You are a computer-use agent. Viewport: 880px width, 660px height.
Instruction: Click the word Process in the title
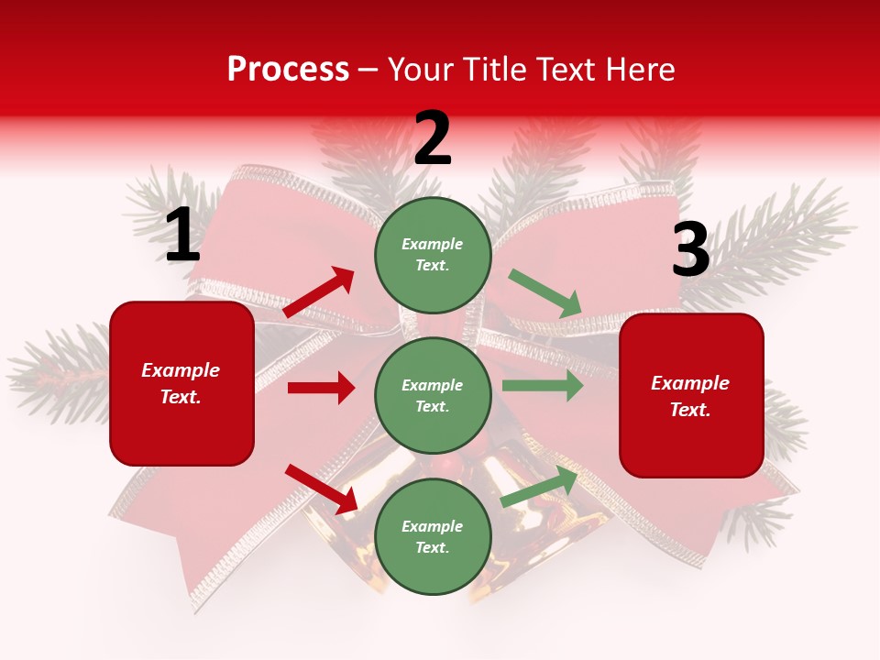[x=288, y=70]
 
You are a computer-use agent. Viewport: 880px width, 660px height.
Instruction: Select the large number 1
[x=182, y=236]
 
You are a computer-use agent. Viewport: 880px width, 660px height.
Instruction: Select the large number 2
[x=433, y=139]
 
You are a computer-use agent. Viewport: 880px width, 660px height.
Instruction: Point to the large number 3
[x=690, y=250]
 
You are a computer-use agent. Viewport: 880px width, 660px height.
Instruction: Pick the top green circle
[x=433, y=255]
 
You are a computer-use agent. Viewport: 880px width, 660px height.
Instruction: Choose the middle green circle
[x=433, y=395]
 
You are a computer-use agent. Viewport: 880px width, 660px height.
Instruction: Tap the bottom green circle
[x=433, y=536]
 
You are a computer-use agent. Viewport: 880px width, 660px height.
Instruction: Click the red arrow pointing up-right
[x=319, y=292]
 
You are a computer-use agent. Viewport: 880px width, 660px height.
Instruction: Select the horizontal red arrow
[x=321, y=388]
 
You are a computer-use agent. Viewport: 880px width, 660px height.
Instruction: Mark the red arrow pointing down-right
[x=322, y=489]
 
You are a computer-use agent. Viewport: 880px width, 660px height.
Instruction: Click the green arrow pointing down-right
[x=545, y=293]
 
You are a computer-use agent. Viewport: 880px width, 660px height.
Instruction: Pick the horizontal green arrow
[x=542, y=385]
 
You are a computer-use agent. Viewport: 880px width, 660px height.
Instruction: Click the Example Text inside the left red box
[x=181, y=383]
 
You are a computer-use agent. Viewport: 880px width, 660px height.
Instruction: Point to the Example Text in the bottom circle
[x=433, y=537]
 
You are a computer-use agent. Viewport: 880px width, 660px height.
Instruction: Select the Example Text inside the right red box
[x=690, y=396]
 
